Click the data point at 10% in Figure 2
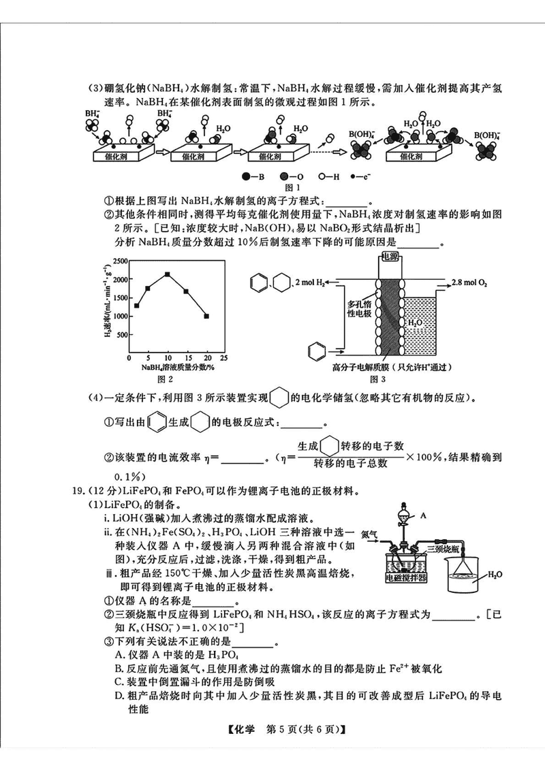(x=167, y=274)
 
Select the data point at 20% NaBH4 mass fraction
(x=206, y=316)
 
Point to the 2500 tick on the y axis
(x=119, y=261)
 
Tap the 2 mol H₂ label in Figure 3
(x=310, y=282)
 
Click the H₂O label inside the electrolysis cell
(x=414, y=322)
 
